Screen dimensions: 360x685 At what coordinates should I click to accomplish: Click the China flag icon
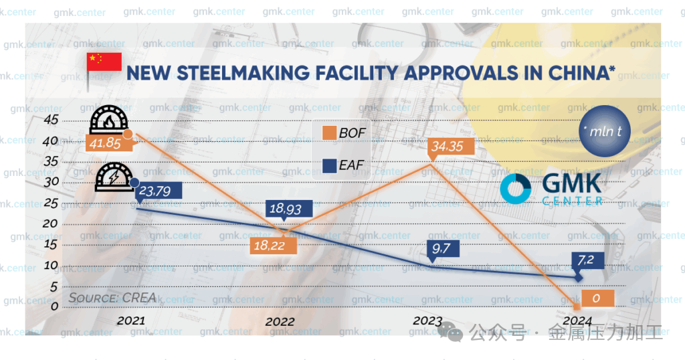tap(104, 61)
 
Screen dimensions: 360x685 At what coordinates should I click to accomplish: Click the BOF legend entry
tap(345, 132)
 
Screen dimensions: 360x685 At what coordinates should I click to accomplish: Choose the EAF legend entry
tap(345, 165)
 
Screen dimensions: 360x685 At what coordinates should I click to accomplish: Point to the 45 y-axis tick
tap(50, 120)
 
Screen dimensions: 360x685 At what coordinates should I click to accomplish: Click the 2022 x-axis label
tap(280, 322)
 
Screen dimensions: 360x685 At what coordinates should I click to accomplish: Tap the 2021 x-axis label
tap(131, 321)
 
